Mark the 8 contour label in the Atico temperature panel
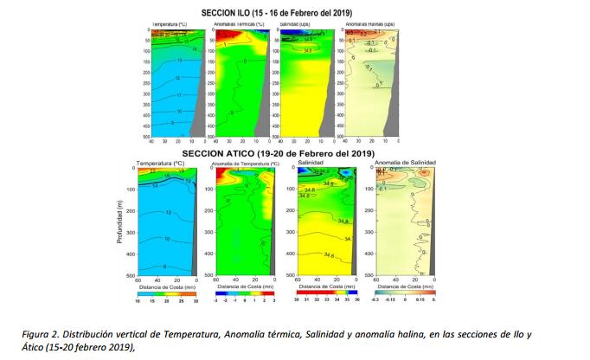point(164,267)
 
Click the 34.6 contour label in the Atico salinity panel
point(329,255)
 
